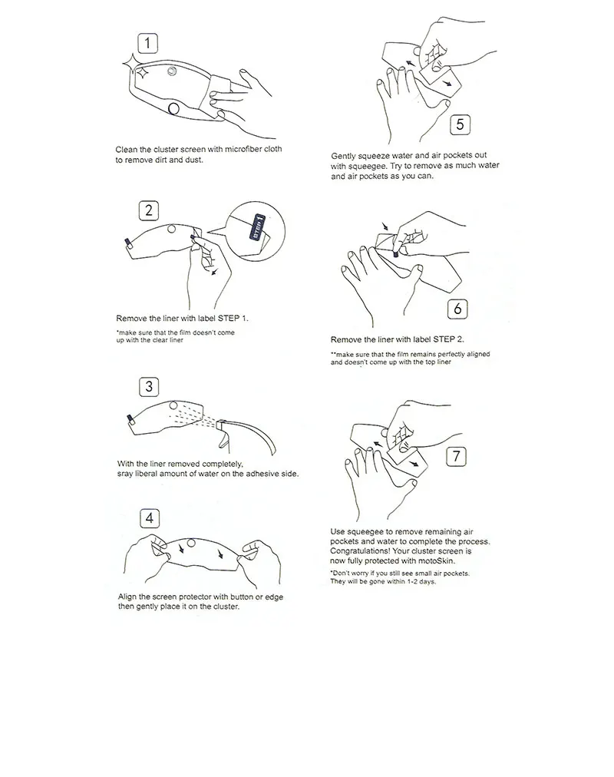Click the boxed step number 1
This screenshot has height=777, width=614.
147,44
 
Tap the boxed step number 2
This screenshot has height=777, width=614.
149,210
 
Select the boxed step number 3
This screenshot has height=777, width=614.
149,386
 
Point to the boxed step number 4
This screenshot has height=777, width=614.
150,518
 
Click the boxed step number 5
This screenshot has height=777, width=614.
460,124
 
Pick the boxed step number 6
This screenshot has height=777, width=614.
457,309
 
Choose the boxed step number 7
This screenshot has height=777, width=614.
456,456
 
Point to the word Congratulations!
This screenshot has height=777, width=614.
360,551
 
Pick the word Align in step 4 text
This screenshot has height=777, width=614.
127,597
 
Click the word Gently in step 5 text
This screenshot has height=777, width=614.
343,156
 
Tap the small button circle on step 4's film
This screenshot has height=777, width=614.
190,543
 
